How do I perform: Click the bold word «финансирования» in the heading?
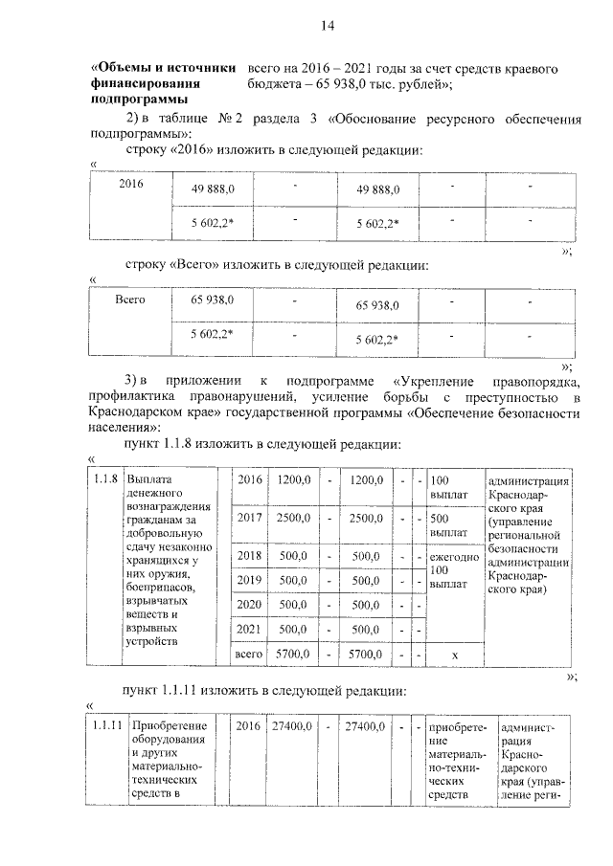140,84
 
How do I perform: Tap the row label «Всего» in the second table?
129,300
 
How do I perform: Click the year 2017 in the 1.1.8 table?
250,518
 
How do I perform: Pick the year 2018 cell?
250,555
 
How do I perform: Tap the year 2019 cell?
250,580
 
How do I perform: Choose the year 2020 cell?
250,605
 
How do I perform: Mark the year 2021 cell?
250,630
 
